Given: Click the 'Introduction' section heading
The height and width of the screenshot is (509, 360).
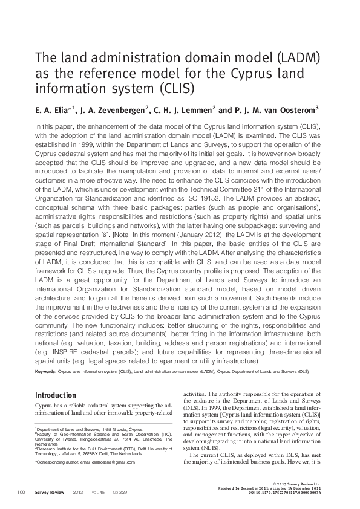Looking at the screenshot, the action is [56, 395].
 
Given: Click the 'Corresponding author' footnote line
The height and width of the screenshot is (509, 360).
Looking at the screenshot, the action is [85, 462].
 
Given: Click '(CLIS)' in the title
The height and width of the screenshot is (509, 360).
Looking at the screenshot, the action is [175, 89].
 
